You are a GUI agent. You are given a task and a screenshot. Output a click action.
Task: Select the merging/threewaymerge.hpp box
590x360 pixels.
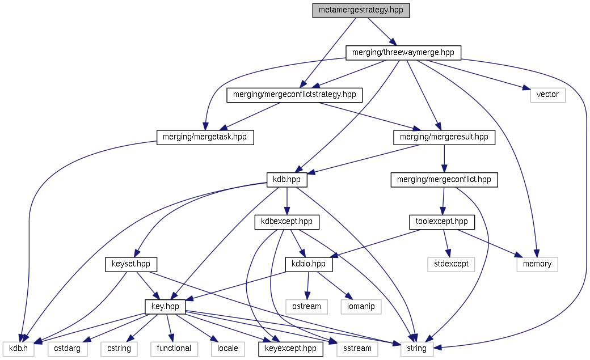[x=403, y=53]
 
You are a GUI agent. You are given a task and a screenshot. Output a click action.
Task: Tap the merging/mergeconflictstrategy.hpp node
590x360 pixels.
[x=294, y=95]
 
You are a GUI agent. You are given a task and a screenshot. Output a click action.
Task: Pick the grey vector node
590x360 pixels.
[x=547, y=95]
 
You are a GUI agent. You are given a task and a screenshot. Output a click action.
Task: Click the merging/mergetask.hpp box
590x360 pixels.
[x=205, y=137]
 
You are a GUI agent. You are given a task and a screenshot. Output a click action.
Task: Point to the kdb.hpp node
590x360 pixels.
[x=286, y=180]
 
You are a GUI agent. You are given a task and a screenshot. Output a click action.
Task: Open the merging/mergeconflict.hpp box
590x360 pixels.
[x=444, y=180]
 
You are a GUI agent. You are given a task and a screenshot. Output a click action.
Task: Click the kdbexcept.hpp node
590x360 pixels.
[x=287, y=222]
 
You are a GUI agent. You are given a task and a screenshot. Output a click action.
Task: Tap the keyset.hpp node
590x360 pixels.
[x=130, y=264]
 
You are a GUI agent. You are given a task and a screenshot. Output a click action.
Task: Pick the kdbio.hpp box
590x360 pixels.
[x=308, y=264]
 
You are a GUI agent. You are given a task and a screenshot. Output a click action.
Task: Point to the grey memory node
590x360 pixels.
[x=537, y=264]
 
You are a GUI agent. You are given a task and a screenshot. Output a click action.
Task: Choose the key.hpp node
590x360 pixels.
[x=165, y=306]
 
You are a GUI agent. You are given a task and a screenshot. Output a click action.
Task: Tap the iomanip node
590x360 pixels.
[x=361, y=306]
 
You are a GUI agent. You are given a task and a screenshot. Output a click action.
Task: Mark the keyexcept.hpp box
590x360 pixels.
[x=290, y=348]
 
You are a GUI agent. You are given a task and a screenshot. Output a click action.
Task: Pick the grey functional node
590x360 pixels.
[x=174, y=348]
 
